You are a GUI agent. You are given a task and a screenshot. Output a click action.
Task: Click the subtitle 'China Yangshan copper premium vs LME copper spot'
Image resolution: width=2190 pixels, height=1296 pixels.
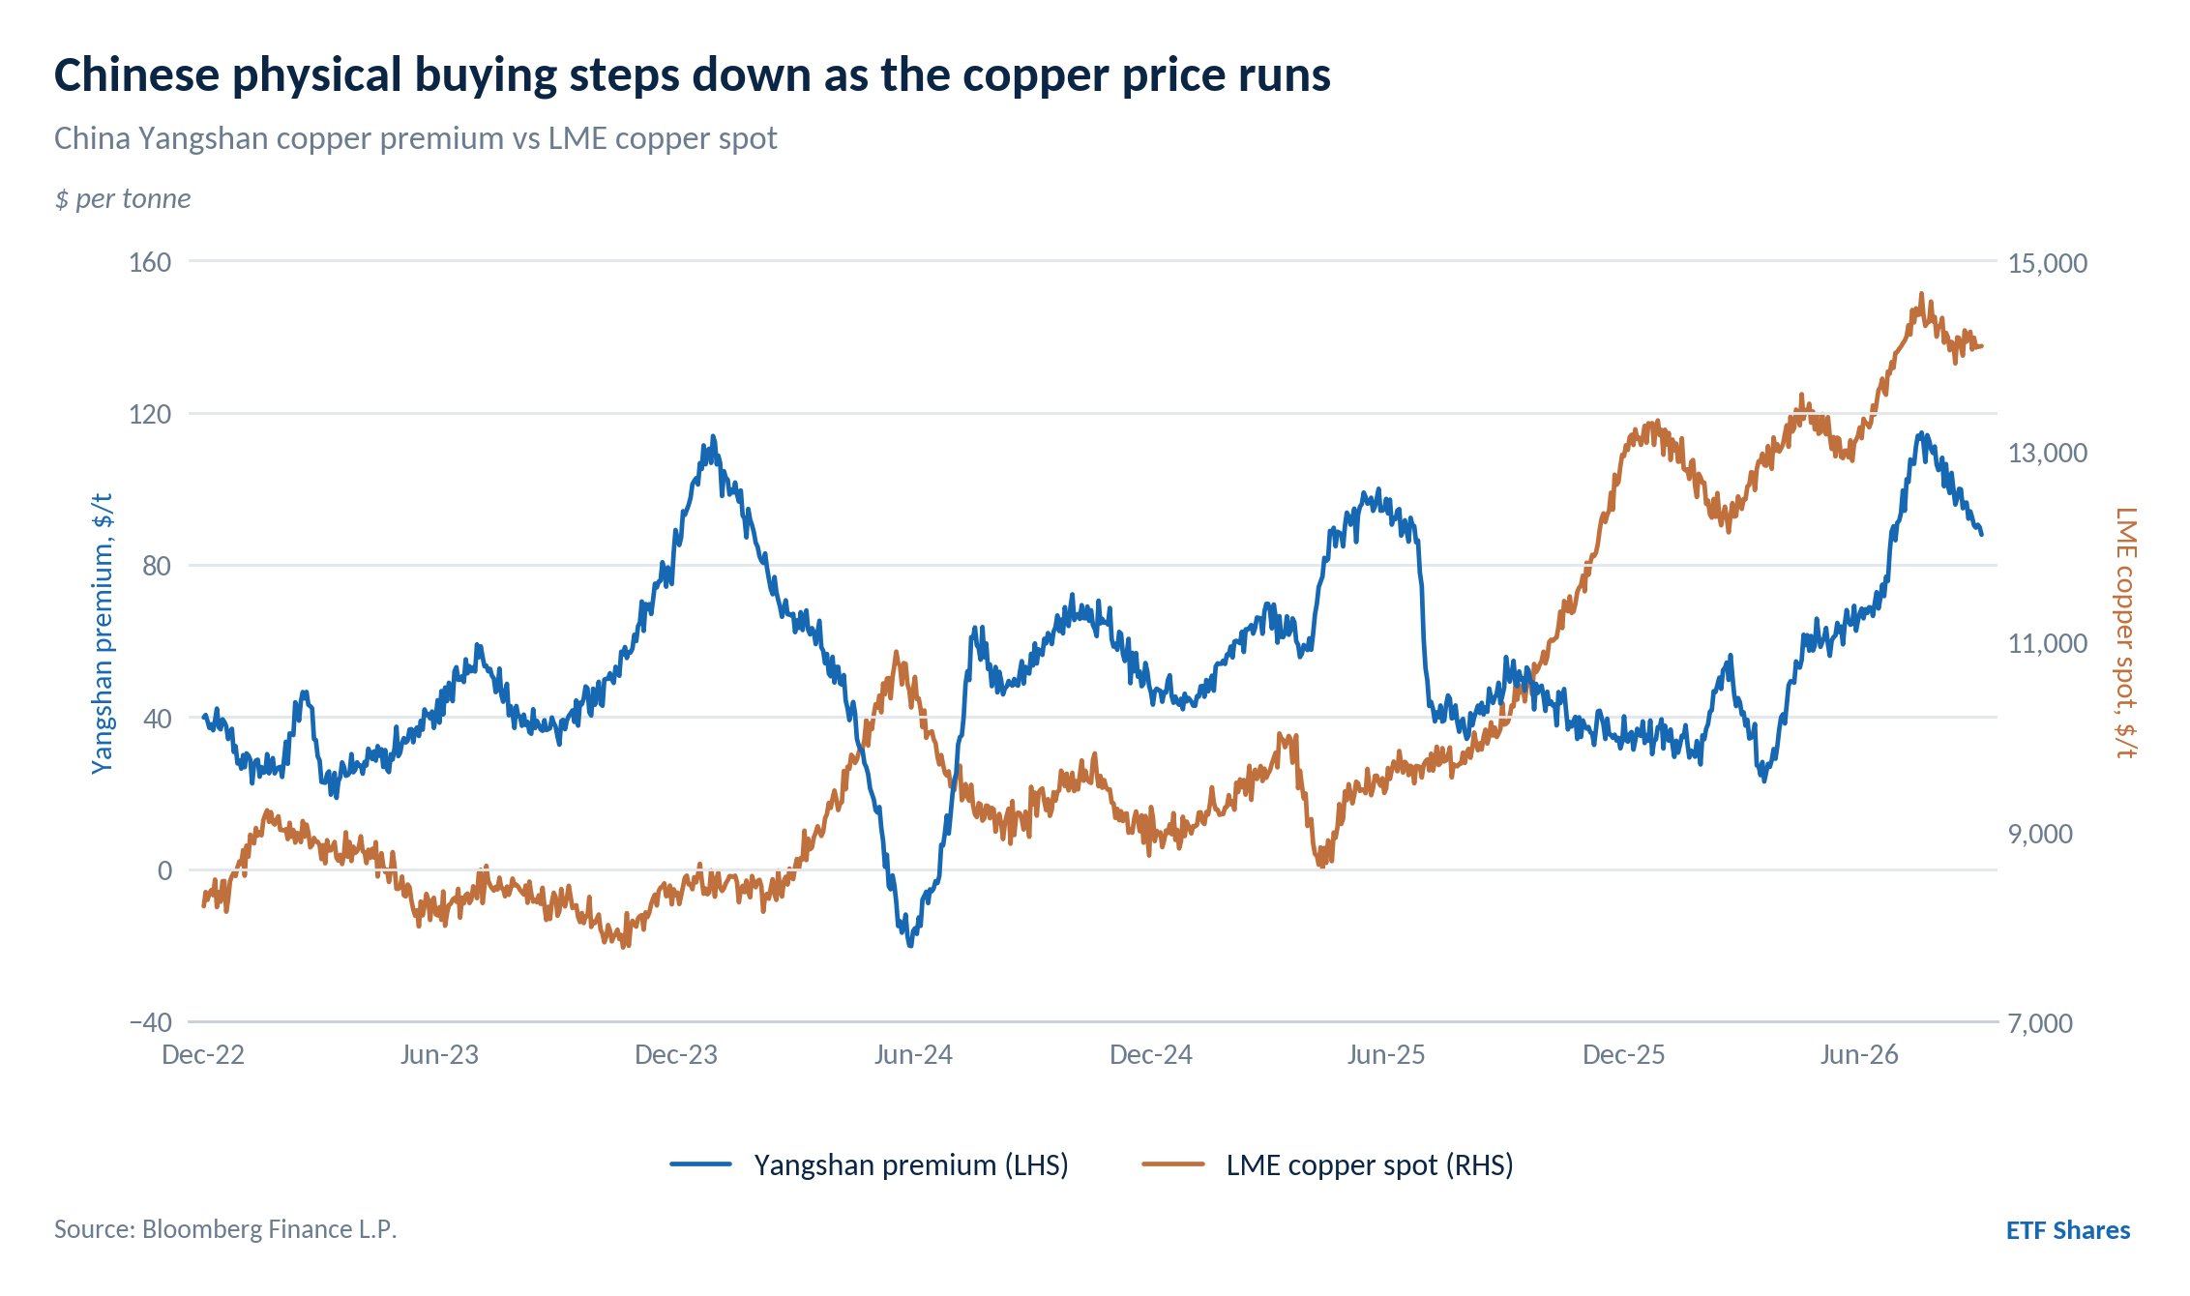point(416,139)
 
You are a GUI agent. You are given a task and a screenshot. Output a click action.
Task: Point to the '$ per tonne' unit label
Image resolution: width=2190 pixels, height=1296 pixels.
point(123,199)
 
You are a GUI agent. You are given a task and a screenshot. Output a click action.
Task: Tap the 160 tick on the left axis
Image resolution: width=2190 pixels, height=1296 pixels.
point(150,262)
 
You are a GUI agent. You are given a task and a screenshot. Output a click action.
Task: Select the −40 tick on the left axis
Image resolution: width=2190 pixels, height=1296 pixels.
point(150,1022)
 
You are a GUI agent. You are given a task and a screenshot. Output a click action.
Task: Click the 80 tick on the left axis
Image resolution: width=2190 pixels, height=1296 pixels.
point(157,566)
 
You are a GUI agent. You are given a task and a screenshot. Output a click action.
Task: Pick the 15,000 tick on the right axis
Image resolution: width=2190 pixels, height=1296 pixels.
point(2048,263)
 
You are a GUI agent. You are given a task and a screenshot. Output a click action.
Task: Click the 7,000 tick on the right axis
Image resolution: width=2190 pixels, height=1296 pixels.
point(2041,1023)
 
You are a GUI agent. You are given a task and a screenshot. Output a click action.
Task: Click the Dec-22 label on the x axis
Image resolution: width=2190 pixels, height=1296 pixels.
point(203,1054)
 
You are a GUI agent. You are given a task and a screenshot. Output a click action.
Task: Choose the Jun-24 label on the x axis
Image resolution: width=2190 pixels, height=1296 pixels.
point(913,1054)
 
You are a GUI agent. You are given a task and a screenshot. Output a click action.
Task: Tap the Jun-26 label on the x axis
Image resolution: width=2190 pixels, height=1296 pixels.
point(1859,1054)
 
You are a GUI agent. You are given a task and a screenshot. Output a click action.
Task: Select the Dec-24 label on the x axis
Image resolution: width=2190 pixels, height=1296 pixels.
point(1151,1054)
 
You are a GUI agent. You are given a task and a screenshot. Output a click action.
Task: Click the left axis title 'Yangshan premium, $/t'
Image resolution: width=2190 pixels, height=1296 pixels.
point(103,634)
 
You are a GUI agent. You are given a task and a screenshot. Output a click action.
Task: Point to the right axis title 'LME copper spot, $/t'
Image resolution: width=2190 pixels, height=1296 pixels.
point(2125,633)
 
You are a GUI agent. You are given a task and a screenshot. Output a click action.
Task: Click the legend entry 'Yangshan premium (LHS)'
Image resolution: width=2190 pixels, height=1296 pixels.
point(870,1165)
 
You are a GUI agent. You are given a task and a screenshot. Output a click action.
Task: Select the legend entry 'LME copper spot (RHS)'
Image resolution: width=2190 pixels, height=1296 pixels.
point(1327,1165)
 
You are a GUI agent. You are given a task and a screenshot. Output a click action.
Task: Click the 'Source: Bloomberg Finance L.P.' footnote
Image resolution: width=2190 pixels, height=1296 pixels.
point(225,1229)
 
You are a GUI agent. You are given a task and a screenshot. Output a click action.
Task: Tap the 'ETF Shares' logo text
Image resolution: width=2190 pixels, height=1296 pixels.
point(2068,1230)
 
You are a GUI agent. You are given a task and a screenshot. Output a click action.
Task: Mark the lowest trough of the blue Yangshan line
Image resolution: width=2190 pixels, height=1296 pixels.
point(910,945)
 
